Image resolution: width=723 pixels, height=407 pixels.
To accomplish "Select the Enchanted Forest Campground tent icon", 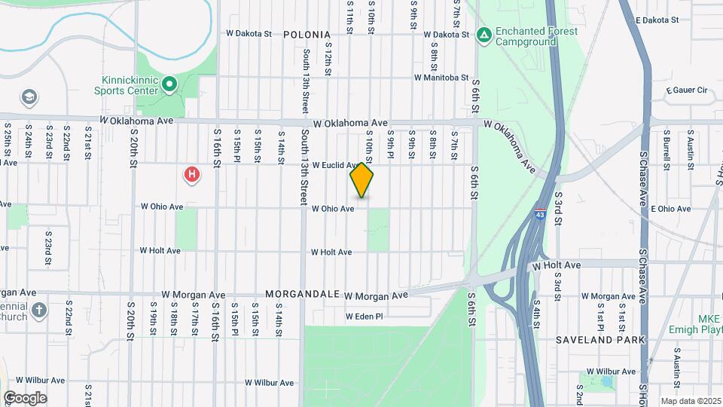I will point(484,35).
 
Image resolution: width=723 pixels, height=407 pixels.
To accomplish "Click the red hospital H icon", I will point(193,175).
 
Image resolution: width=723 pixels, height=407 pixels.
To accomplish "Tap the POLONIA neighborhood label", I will point(307,35).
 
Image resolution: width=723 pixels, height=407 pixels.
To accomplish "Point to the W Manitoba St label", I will point(441,77).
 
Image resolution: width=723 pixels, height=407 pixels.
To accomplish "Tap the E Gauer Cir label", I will point(687,90).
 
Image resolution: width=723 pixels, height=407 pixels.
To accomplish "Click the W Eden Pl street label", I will point(365,317).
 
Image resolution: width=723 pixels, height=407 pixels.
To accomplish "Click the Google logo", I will point(25,397).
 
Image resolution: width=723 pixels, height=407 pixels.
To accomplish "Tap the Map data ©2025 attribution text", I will point(691,401).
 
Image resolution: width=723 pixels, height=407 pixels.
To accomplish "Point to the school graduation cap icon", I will point(29,97).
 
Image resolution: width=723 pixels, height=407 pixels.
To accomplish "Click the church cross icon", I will point(40,310).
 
